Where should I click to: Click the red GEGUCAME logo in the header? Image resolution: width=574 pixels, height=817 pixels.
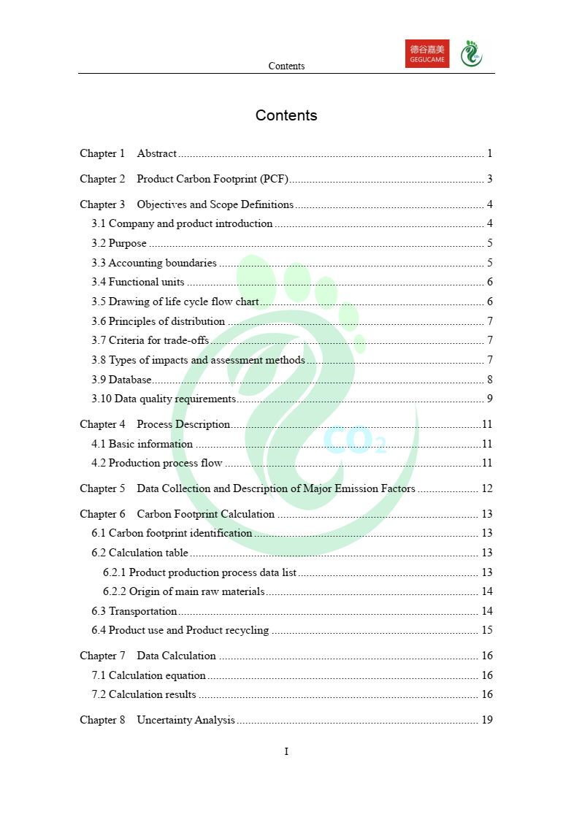[427, 53]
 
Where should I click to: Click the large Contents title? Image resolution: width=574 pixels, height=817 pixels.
[286, 115]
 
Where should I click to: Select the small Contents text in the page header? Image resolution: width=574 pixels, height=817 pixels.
[286, 66]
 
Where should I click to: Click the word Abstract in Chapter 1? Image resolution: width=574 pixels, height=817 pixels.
[157, 153]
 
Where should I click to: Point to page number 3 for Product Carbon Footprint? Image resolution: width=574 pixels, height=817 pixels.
[490, 179]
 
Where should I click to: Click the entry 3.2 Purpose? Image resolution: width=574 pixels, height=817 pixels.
[119, 243]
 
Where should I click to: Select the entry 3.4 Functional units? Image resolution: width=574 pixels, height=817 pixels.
[138, 282]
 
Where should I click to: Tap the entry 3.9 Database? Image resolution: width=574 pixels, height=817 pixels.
[121, 380]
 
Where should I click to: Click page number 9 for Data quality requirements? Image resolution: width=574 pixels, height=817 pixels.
[490, 399]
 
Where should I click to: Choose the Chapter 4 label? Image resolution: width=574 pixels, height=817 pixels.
[102, 424]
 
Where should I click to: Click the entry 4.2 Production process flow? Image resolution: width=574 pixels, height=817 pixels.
[157, 463]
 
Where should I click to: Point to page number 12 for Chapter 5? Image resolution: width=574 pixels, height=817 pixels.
[487, 488]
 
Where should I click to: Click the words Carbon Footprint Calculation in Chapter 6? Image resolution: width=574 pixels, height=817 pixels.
[206, 514]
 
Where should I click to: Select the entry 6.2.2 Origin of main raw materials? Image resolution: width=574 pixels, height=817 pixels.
[184, 591]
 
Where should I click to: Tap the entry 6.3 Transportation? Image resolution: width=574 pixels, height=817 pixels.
[134, 611]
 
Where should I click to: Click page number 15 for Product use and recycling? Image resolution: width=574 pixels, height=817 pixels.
[487, 630]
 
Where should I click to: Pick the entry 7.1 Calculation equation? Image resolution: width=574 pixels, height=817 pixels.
[149, 675]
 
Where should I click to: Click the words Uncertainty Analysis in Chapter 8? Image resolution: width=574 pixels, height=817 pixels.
[186, 720]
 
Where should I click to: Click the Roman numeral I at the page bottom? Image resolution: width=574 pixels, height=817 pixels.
[286, 751]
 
